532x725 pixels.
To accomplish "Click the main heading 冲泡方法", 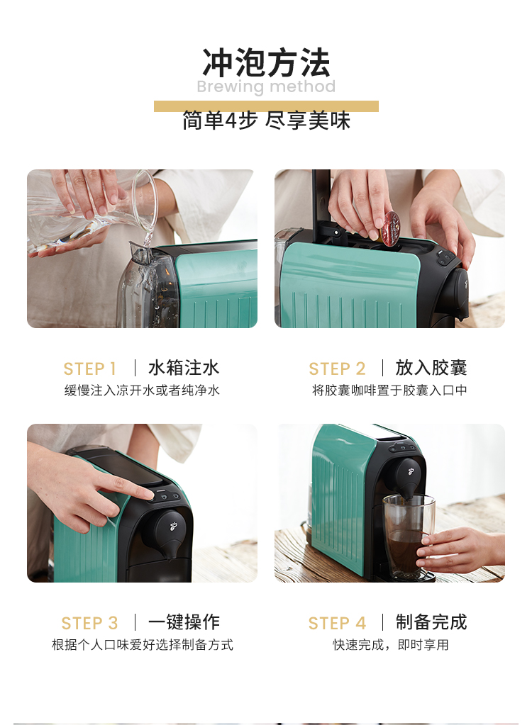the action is [266, 62].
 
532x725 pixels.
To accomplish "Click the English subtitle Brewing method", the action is [266, 86].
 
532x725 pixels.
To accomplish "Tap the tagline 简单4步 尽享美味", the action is [266, 120].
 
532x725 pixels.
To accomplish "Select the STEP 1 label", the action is [90, 369].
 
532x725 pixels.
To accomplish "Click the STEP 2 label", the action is [337, 369].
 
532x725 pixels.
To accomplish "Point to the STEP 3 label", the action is [90, 623].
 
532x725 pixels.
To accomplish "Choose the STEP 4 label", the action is [337, 623].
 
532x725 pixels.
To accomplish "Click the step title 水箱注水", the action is [184, 368].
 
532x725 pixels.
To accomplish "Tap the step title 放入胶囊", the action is [431, 368].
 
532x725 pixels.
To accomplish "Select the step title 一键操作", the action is [184, 622].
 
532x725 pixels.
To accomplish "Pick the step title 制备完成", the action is [431, 622].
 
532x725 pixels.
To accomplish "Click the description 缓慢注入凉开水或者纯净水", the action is [142, 390].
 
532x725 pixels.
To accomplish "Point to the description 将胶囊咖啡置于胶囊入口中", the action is [389, 390].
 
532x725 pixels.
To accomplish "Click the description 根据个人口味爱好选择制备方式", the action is [143, 644].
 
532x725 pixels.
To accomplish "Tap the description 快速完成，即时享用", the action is [390, 644].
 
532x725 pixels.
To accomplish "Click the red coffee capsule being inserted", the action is [389, 228].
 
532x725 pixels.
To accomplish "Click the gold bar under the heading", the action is [266, 106].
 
